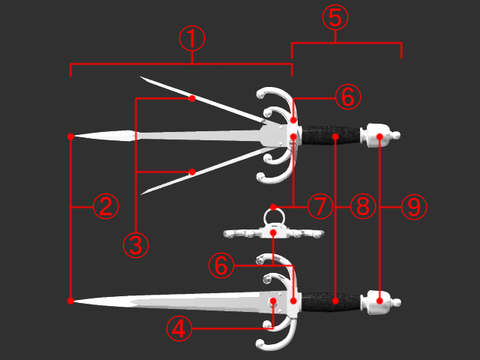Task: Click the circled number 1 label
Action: pyautogui.click(x=192, y=38)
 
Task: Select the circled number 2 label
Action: pyautogui.click(x=106, y=206)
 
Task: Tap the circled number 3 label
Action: pyautogui.click(x=136, y=245)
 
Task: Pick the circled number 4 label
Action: pyautogui.click(x=179, y=328)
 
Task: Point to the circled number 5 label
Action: pyautogui.click(x=335, y=17)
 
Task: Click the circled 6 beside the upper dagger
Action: pyautogui.click(x=348, y=97)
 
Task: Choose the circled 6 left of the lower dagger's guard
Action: pyautogui.click(x=221, y=265)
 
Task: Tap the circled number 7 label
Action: pyautogui.click(x=320, y=206)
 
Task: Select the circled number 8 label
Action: pyautogui.click(x=363, y=206)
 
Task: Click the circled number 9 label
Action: pyautogui.click(x=414, y=206)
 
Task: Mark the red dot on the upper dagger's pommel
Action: pyautogui.click(x=379, y=136)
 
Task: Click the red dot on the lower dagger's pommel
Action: pyautogui.click(x=379, y=301)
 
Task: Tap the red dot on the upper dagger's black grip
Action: pyautogui.click(x=335, y=136)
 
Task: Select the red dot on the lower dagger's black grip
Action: pyautogui.click(x=335, y=301)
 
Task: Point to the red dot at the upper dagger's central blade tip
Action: pyautogui.click(x=70, y=136)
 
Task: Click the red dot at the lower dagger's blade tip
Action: pyautogui.click(x=70, y=301)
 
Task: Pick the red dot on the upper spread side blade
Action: pyautogui.click(x=192, y=98)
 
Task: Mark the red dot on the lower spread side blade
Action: pyautogui.click(x=192, y=172)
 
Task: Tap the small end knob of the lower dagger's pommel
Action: pyautogui.click(x=397, y=302)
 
